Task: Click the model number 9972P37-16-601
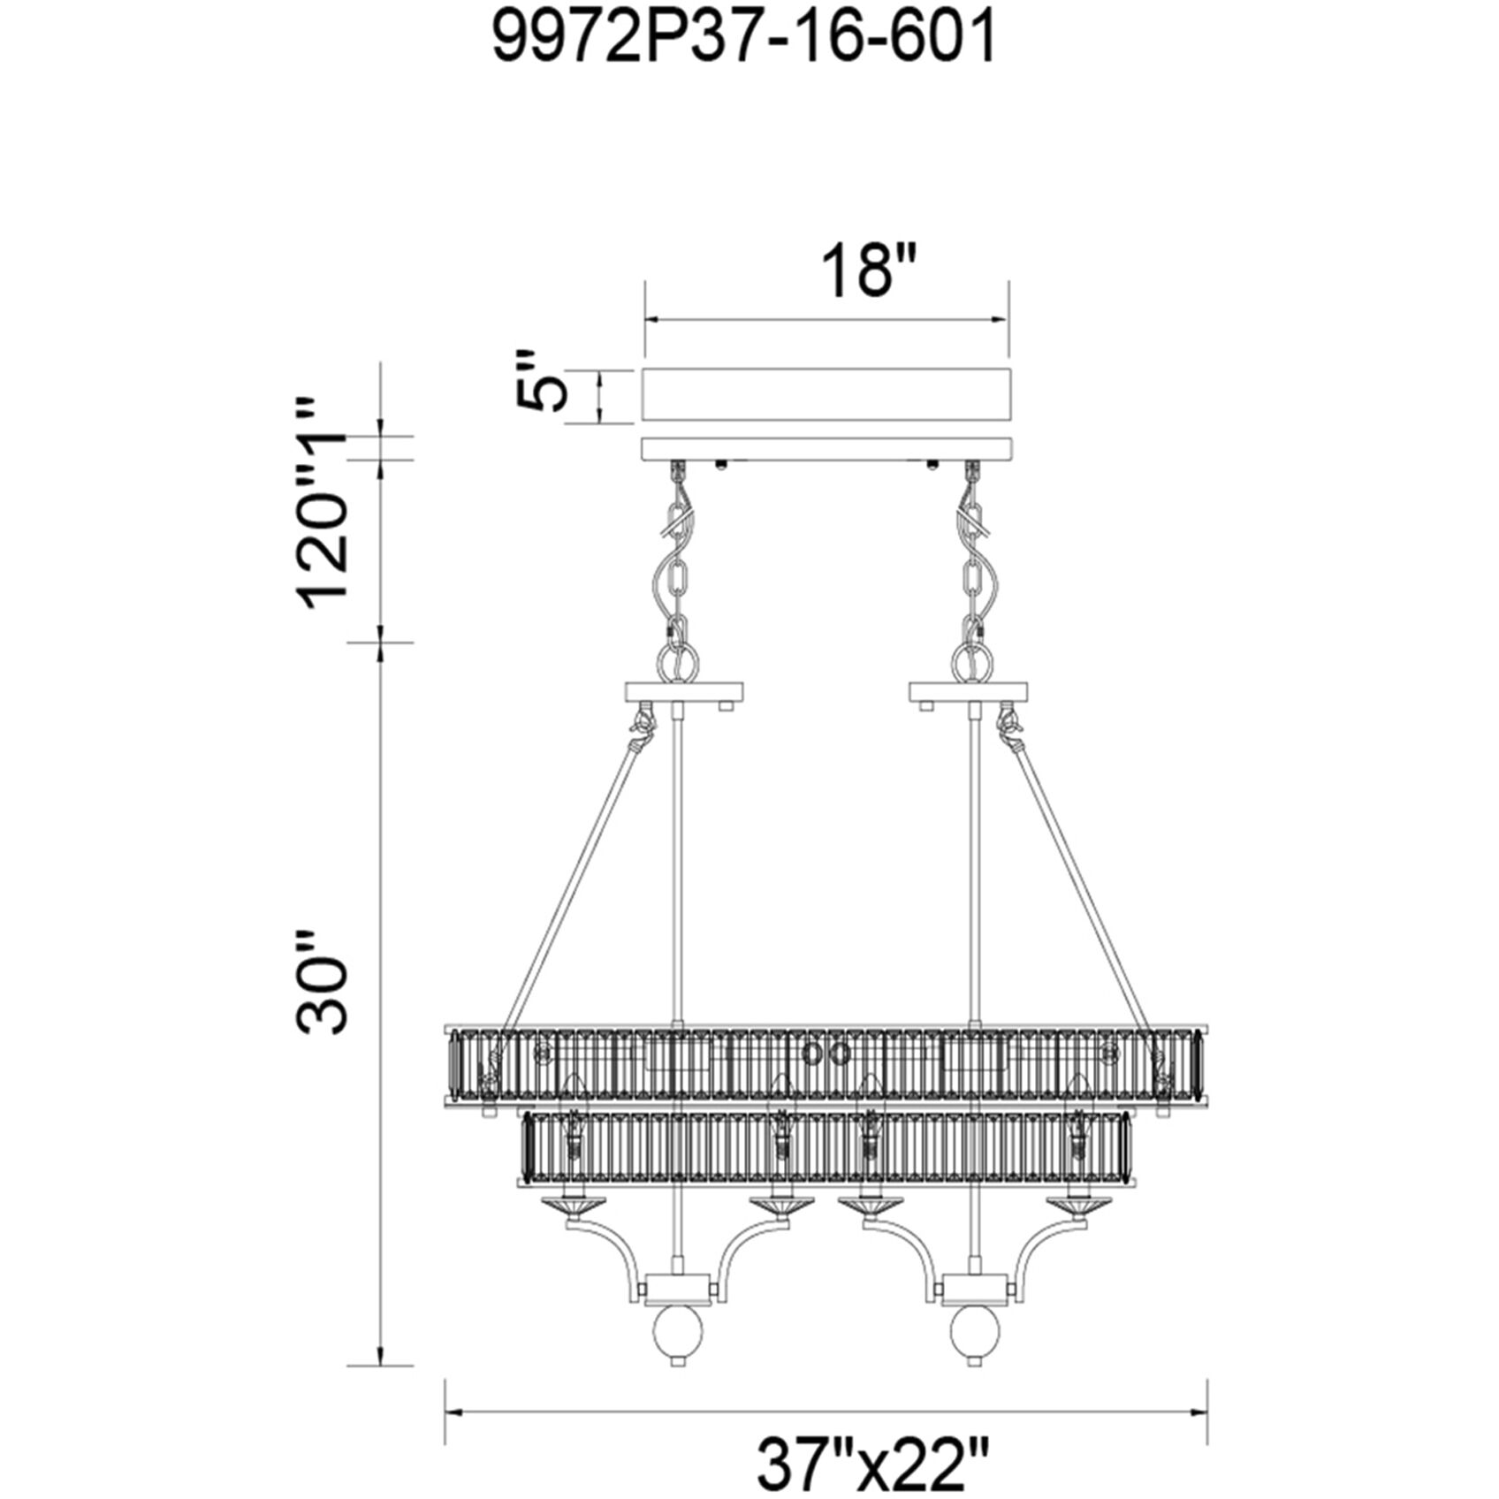click(x=743, y=40)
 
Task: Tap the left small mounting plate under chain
click(x=683, y=691)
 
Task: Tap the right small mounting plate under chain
click(x=968, y=691)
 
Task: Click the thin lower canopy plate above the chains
click(x=826, y=448)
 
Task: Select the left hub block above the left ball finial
click(x=677, y=1287)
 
